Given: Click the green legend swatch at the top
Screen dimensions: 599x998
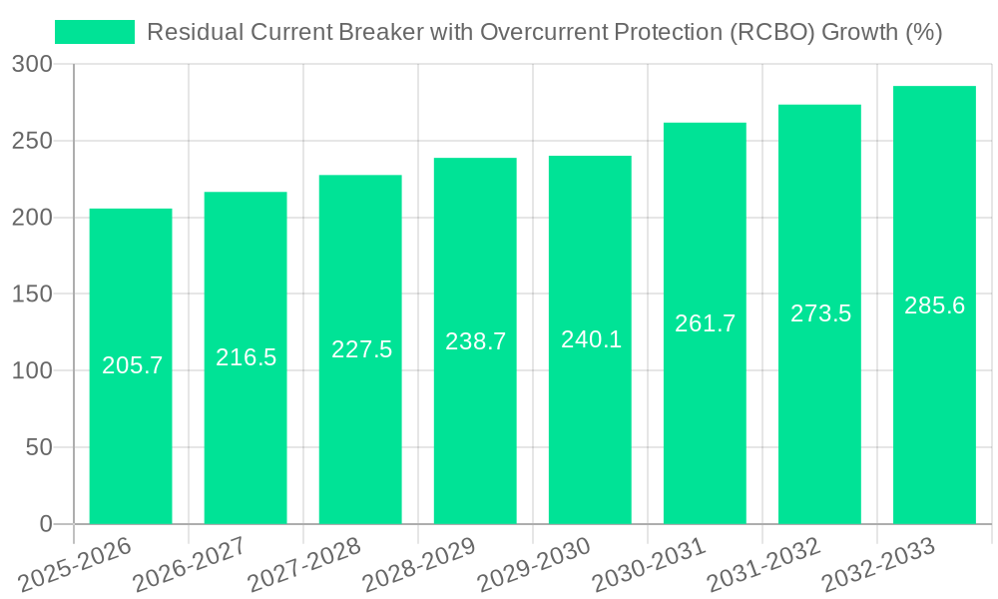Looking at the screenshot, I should [x=95, y=32].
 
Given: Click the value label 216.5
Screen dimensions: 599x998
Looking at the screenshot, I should [x=246, y=357].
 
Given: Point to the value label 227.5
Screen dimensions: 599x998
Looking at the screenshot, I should [x=361, y=349].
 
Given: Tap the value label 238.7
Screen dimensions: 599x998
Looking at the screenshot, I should [x=475, y=341].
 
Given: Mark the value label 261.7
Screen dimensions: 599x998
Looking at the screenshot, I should [x=705, y=323].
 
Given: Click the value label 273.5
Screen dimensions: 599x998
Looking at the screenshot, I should [x=820, y=313].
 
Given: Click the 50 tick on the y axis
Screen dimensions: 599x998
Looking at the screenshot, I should [x=40, y=447].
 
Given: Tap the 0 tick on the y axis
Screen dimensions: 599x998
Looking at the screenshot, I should [x=46, y=524].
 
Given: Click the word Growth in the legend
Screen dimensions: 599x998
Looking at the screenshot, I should [x=859, y=32].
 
